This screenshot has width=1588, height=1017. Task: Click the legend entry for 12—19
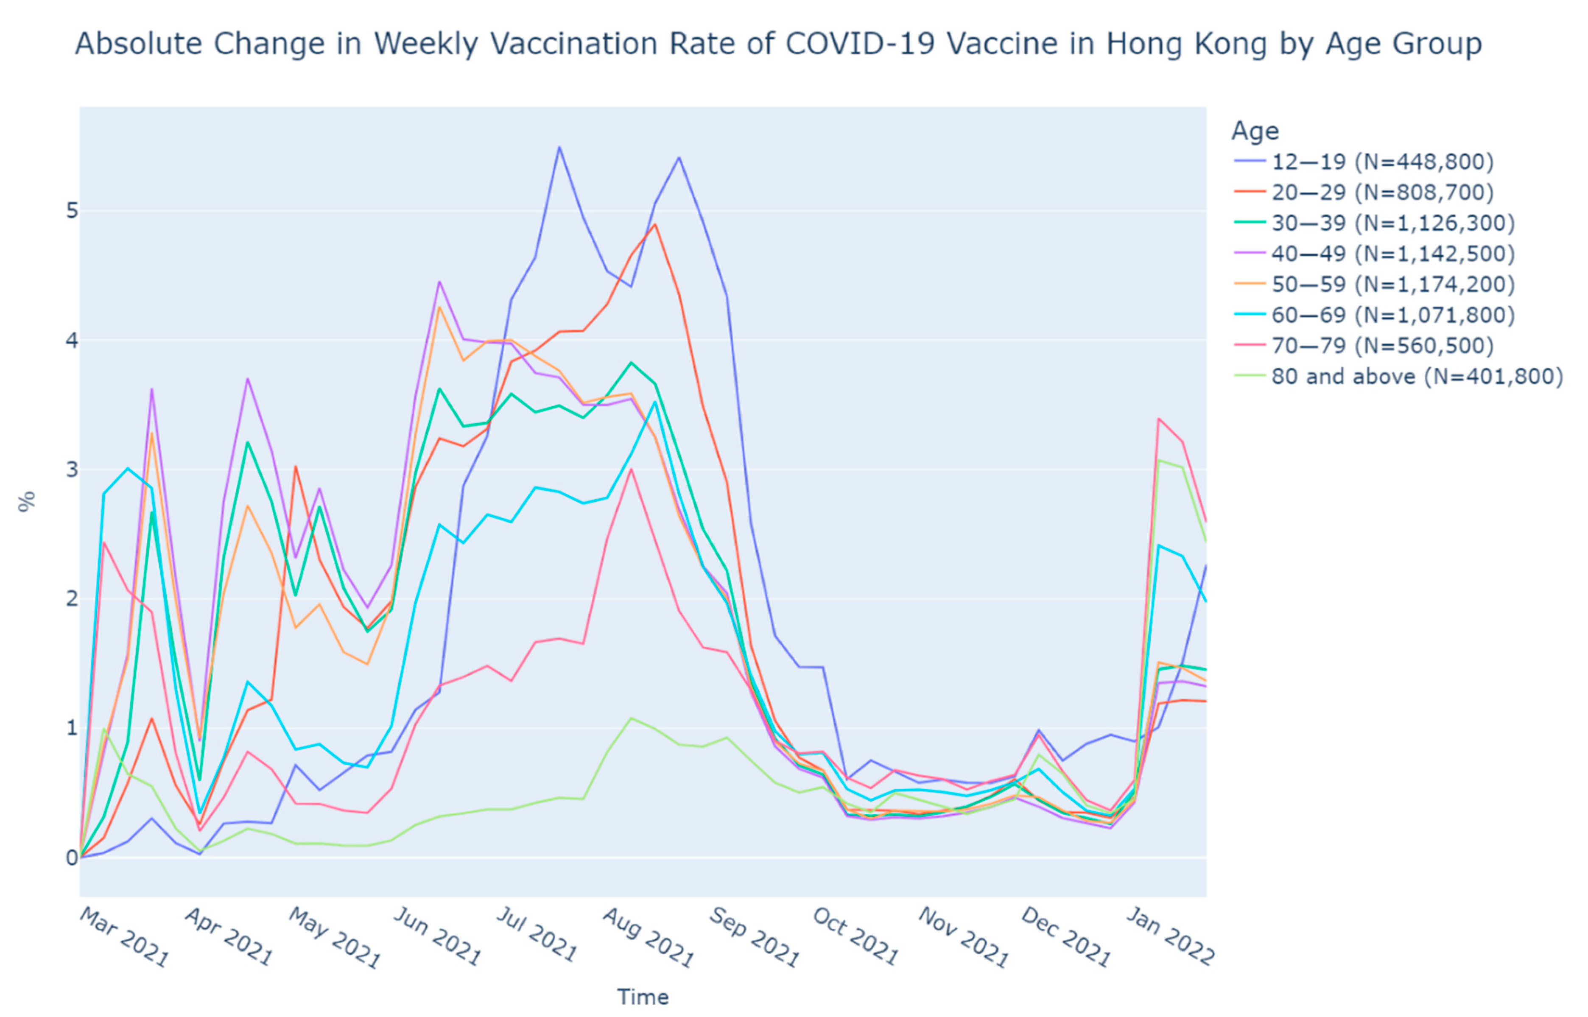[1382, 162]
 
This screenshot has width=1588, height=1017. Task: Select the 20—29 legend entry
[1382, 192]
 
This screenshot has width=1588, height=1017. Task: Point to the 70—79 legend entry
[1382, 345]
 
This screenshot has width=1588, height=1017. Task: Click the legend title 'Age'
[1255, 131]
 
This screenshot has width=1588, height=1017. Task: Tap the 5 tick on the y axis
[71, 211]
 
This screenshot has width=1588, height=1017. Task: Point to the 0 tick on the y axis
[71, 858]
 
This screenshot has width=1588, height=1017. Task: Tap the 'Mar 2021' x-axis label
[124, 936]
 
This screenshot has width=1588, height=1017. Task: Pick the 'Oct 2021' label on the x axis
[855, 936]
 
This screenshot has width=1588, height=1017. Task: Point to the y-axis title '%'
[26, 502]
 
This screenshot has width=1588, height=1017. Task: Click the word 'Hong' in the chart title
[1142, 44]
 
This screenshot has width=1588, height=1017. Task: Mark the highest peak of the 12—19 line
[559, 147]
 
